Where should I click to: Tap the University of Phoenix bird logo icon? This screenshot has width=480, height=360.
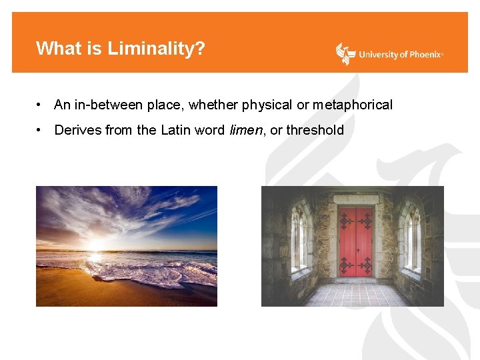(x=345, y=54)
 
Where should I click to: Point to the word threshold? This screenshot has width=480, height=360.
(x=315, y=130)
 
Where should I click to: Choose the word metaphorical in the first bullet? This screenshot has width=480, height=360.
(x=353, y=105)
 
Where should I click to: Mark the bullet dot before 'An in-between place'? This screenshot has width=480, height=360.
(x=41, y=105)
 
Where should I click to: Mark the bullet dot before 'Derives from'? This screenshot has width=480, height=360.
(x=41, y=130)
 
